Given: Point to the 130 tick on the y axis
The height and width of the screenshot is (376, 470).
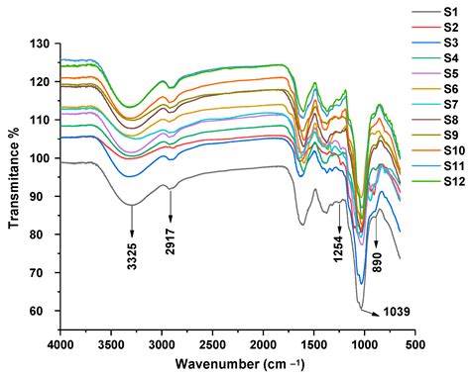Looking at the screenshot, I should tap(41, 45).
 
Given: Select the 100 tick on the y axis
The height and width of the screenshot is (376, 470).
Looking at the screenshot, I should tap(41, 158).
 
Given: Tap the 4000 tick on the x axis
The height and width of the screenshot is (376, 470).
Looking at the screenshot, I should tap(60, 345).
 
